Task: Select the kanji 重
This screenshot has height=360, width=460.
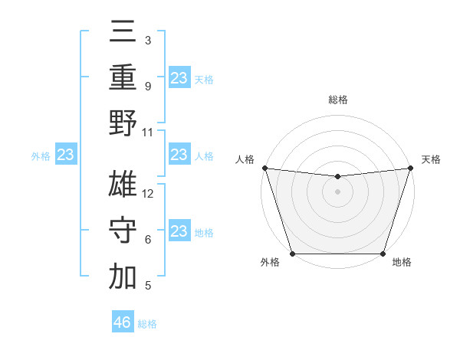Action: tap(123, 77)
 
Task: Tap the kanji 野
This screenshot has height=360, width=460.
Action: tap(123, 122)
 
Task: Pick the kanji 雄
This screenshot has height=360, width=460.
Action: tap(123, 183)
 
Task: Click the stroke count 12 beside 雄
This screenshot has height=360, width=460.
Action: tap(149, 194)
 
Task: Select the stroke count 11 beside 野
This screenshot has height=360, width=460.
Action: tap(149, 132)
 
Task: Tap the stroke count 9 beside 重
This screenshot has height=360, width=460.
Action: tap(148, 87)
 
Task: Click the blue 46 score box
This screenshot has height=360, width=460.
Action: tap(123, 322)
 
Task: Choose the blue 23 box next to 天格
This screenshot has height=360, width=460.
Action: tap(179, 77)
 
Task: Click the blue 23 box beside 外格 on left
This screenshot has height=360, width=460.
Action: tap(66, 155)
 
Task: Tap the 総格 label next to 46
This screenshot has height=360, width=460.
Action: tap(148, 324)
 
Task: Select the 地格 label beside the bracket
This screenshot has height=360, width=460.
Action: tap(204, 233)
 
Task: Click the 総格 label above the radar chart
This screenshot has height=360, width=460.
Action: tap(337, 100)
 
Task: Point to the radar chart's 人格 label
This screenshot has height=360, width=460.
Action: tap(245, 159)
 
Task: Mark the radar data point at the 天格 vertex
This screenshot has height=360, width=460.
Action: tap(410, 168)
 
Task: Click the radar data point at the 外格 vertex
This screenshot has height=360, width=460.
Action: tap(292, 254)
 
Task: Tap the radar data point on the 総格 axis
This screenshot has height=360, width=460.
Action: tap(337, 177)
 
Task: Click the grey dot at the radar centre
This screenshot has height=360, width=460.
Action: tap(337, 191)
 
